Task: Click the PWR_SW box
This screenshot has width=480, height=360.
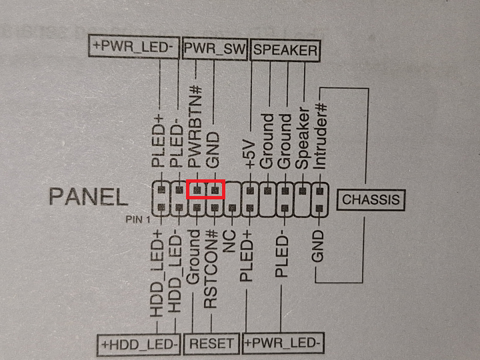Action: [215, 49]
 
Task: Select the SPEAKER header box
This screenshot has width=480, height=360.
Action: [285, 49]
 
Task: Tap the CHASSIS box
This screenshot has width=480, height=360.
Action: [371, 199]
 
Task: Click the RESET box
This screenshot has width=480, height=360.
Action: [212, 344]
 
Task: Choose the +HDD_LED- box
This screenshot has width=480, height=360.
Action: [140, 344]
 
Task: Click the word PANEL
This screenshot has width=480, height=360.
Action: [88, 197]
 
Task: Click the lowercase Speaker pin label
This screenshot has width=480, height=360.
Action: [303, 140]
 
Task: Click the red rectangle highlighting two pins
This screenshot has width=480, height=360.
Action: [205, 191]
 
